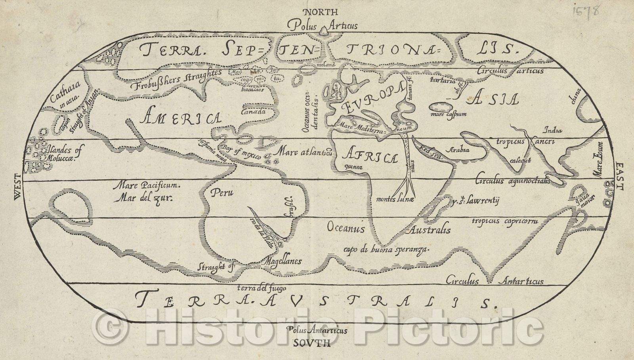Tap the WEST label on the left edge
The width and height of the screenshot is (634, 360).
17,188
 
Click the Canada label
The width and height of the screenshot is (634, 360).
252,111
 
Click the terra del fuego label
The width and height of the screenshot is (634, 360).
261,289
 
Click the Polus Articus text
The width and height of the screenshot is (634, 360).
323,26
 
